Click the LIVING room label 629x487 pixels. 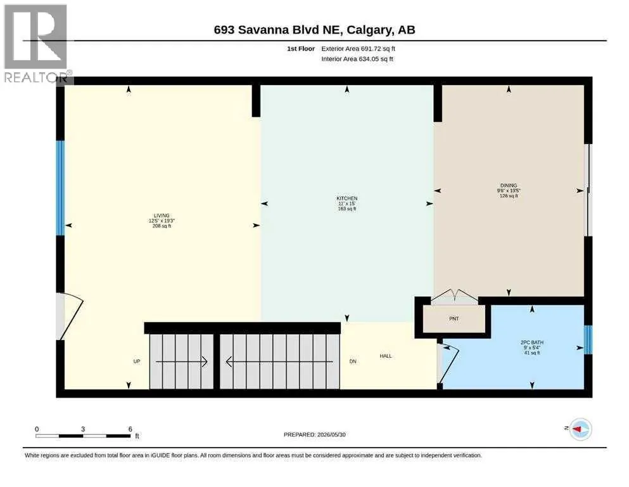(162, 216)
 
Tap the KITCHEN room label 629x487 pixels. (347, 198)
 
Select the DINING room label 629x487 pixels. (509, 186)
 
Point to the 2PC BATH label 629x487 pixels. (532, 342)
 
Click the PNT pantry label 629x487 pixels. (454, 319)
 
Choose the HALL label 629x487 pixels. (386, 356)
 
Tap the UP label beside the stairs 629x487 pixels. (137, 361)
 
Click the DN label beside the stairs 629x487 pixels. (353, 361)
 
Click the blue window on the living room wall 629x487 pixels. (60, 188)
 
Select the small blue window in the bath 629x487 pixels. (588, 340)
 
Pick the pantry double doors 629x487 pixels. (455, 297)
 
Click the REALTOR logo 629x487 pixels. (37, 43)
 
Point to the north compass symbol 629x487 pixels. (580, 429)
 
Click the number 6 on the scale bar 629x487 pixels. (130, 429)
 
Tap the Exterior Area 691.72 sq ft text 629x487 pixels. (359, 49)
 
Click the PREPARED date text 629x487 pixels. (314, 434)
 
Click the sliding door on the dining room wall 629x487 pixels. (588, 190)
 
